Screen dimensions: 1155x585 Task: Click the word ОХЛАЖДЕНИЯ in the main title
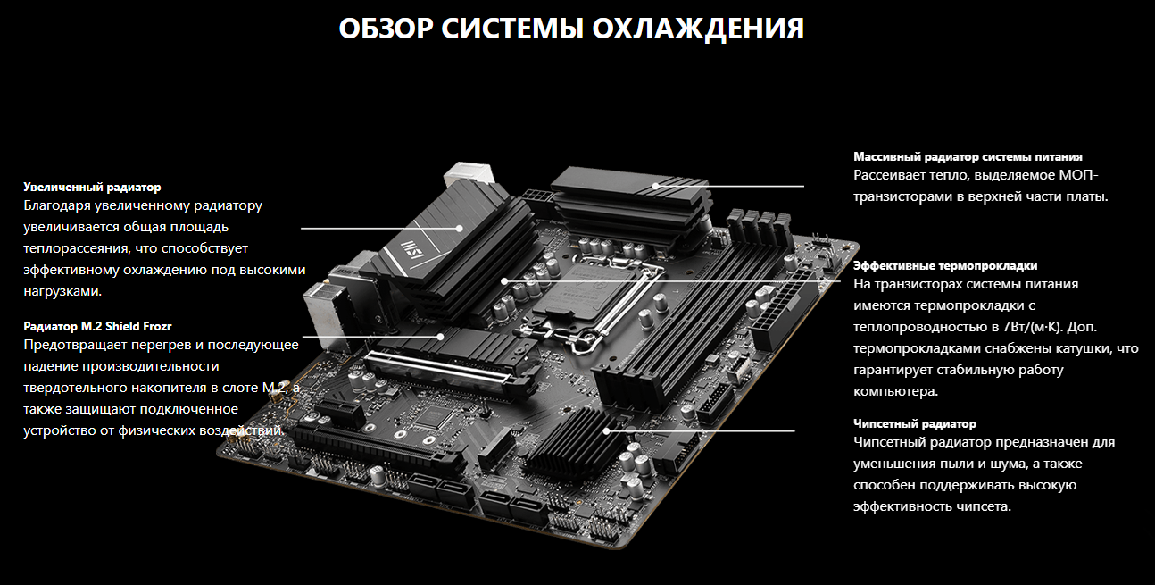point(698,29)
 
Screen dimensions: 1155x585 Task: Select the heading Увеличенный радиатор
point(92,188)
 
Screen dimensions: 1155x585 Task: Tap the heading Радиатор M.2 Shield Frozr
point(97,326)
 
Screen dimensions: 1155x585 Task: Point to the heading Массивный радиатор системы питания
point(968,157)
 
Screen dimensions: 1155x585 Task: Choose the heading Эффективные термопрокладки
point(945,265)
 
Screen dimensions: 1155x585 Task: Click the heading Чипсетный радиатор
point(915,424)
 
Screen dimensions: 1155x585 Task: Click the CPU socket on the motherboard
point(593,293)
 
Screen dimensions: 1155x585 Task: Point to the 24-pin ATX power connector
point(784,310)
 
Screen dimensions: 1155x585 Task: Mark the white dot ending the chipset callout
point(607,430)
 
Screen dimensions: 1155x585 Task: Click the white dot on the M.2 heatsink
point(440,337)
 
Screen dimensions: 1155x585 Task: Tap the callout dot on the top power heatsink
point(655,187)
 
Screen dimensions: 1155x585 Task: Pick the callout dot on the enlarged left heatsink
point(459,228)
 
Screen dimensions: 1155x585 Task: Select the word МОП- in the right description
point(1079,175)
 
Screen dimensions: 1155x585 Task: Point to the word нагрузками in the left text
point(62,292)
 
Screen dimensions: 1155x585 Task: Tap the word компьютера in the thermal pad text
point(895,391)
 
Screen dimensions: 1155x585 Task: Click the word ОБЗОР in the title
point(386,29)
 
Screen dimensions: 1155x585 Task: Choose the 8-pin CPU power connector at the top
point(536,198)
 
